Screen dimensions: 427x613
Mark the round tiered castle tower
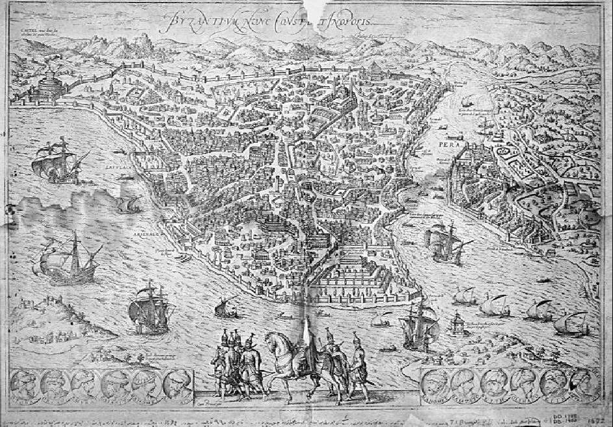click(x=47, y=82)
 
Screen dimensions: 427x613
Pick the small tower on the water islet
click(x=457, y=323)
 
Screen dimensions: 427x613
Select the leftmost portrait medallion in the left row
click(x=25, y=385)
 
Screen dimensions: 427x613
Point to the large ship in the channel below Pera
click(x=444, y=241)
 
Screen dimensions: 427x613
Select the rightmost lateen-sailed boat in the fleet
click(x=572, y=323)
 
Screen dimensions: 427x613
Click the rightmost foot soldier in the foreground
click(x=358, y=367)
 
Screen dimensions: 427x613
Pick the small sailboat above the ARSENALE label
click(x=127, y=204)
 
